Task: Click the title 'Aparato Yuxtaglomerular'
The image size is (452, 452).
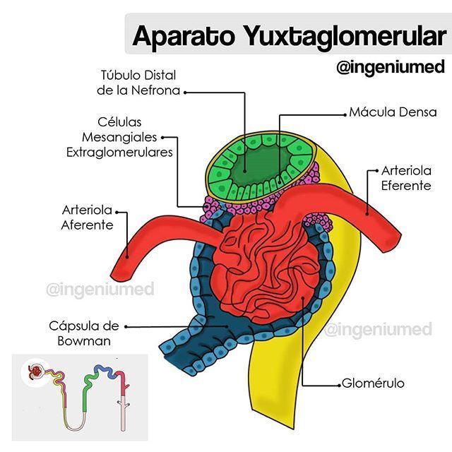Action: pos(289,35)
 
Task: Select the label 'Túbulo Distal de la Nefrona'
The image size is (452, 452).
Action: pos(138,83)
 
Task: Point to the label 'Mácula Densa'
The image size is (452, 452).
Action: pos(393,112)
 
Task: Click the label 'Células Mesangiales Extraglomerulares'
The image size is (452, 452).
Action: pos(119,137)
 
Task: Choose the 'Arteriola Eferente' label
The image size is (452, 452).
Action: pos(405,178)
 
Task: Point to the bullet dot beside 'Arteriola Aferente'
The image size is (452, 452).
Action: pos(118,210)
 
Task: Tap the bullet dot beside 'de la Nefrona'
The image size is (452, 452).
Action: pos(184,90)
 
